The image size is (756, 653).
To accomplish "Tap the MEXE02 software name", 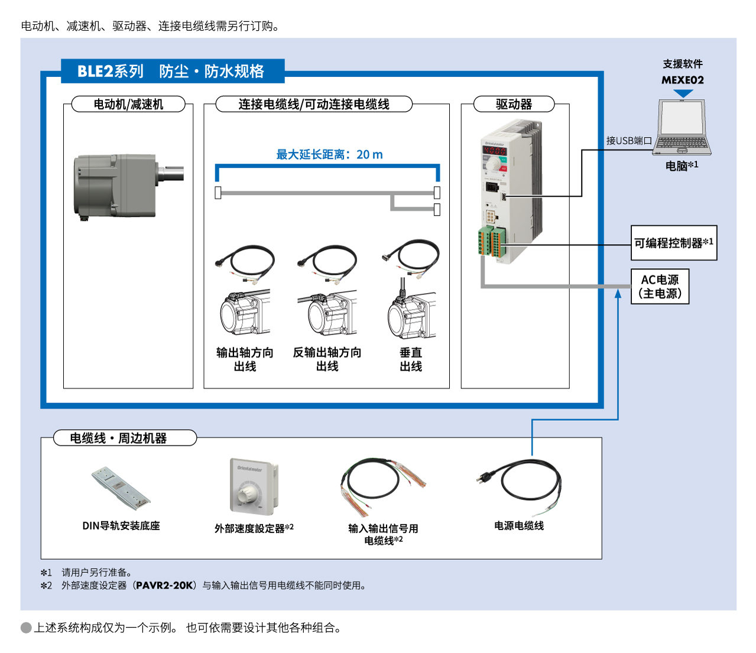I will click(683, 80).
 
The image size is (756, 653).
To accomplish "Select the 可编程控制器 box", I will click(674, 243).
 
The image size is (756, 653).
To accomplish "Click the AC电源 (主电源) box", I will click(660, 287).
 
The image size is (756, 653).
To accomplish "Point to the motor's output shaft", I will click(172, 173).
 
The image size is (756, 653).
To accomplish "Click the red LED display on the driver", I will click(495, 150).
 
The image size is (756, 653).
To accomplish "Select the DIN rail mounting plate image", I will click(121, 488).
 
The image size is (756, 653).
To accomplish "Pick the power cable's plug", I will click(485, 477).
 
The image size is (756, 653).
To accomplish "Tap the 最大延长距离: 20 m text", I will click(329, 155).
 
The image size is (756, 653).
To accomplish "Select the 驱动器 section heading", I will click(514, 105).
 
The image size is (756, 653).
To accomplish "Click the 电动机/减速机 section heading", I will click(128, 105).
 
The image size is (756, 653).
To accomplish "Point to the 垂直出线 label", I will click(411, 359).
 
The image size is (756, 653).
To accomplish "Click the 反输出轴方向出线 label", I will click(327, 359).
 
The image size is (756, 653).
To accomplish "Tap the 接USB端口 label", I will click(629, 141).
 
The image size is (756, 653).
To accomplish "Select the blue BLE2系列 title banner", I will click(172, 72).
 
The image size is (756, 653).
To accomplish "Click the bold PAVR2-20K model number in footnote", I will click(164, 586).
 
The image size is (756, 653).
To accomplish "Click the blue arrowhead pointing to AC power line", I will click(618, 293).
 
